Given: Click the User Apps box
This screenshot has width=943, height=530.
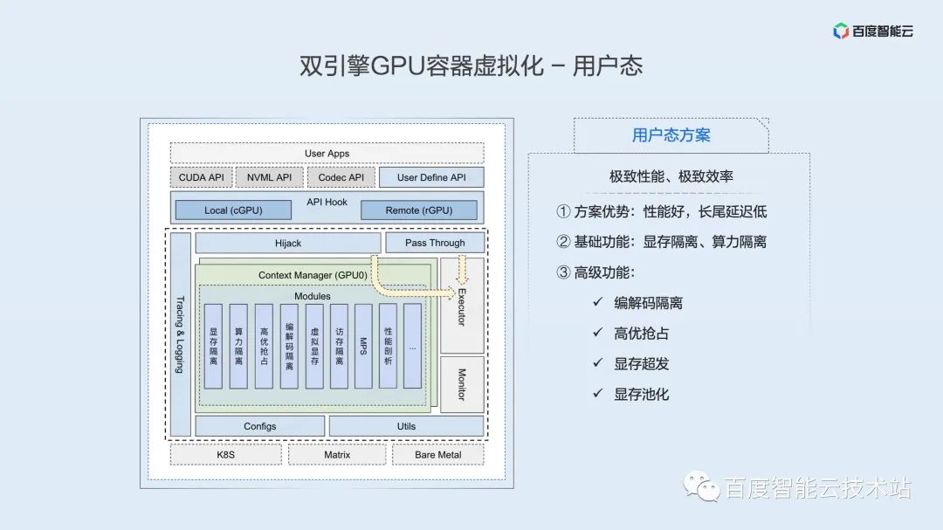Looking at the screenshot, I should [x=327, y=154].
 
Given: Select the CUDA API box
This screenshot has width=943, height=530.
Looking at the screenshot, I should [x=201, y=177].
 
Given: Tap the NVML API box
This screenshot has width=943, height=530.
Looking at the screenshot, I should [x=269, y=177].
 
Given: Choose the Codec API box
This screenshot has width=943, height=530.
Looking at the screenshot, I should [x=341, y=177].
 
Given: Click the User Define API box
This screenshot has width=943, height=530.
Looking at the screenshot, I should [x=431, y=177].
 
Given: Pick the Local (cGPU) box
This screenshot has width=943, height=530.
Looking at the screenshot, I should [x=233, y=210].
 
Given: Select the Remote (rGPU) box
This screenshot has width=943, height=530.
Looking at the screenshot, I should [x=419, y=210].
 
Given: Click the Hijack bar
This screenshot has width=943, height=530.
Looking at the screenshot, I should [x=287, y=243].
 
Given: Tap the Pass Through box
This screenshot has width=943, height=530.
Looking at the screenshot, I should [x=434, y=243].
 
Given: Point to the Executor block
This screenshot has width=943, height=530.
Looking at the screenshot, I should [x=462, y=306].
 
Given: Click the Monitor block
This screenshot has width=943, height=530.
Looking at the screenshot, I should [x=462, y=384].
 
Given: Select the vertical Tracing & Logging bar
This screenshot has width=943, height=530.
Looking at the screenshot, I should [x=180, y=334].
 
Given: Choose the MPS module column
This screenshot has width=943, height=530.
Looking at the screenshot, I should [x=363, y=346].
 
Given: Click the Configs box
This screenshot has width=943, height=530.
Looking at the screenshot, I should [x=259, y=426].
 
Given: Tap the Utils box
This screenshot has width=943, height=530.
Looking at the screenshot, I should [x=406, y=426].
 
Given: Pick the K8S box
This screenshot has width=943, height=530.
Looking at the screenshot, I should [x=225, y=455].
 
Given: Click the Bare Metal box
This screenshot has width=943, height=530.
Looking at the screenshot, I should [x=437, y=455].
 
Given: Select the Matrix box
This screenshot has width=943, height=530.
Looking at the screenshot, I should [x=336, y=455].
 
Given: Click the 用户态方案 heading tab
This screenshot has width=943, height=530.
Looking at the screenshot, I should [x=671, y=135].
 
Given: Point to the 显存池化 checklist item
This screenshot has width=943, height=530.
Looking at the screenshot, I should [x=641, y=394].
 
